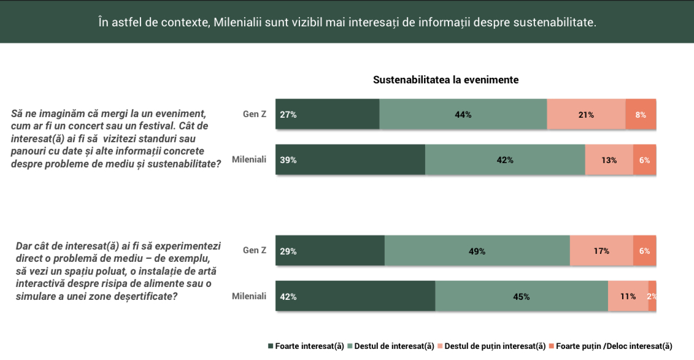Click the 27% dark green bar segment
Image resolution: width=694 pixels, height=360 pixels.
click(x=328, y=114)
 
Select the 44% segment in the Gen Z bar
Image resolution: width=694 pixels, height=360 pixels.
click(x=463, y=114)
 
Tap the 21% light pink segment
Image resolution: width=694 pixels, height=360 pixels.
click(x=587, y=114)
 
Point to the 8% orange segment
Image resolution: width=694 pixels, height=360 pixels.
click(x=641, y=114)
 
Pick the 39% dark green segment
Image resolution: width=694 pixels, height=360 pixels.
click(x=350, y=159)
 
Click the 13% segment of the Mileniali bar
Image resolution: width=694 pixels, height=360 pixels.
click(x=609, y=159)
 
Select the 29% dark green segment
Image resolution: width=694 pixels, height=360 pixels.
click(x=330, y=251)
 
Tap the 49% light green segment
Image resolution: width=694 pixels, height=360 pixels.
click(x=477, y=251)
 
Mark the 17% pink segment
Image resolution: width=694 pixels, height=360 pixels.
click(x=601, y=251)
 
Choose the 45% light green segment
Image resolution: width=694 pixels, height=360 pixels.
click(x=522, y=296)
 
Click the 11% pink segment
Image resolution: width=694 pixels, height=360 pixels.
click(x=628, y=296)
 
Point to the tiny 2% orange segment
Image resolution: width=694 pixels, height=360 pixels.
click(x=652, y=296)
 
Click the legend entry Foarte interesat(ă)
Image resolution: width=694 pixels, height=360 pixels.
click(x=306, y=347)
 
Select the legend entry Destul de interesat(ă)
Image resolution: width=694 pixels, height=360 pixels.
click(x=391, y=347)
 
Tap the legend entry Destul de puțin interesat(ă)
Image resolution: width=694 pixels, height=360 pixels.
click(x=492, y=347)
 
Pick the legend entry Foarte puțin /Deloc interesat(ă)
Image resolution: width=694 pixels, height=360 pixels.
click(x=611, y=347)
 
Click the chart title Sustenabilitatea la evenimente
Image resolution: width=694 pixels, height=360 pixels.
click(x=445, y=80)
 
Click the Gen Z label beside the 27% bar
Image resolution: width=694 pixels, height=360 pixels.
click(x=255, y=114)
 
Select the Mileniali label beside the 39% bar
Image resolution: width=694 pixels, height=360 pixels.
click(x=249, y=159)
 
